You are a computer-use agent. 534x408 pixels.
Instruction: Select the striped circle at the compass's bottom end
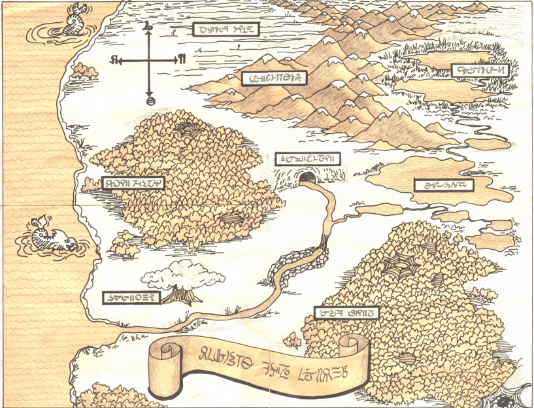coord(150,101)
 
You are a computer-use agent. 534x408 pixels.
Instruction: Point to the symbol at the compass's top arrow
coord(148,27)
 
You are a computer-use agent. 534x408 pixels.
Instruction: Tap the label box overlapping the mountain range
coord(274,78)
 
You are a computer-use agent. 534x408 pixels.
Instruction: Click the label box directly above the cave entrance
coord(307,159)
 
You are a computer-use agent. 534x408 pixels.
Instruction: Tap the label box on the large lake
coord(442,185)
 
